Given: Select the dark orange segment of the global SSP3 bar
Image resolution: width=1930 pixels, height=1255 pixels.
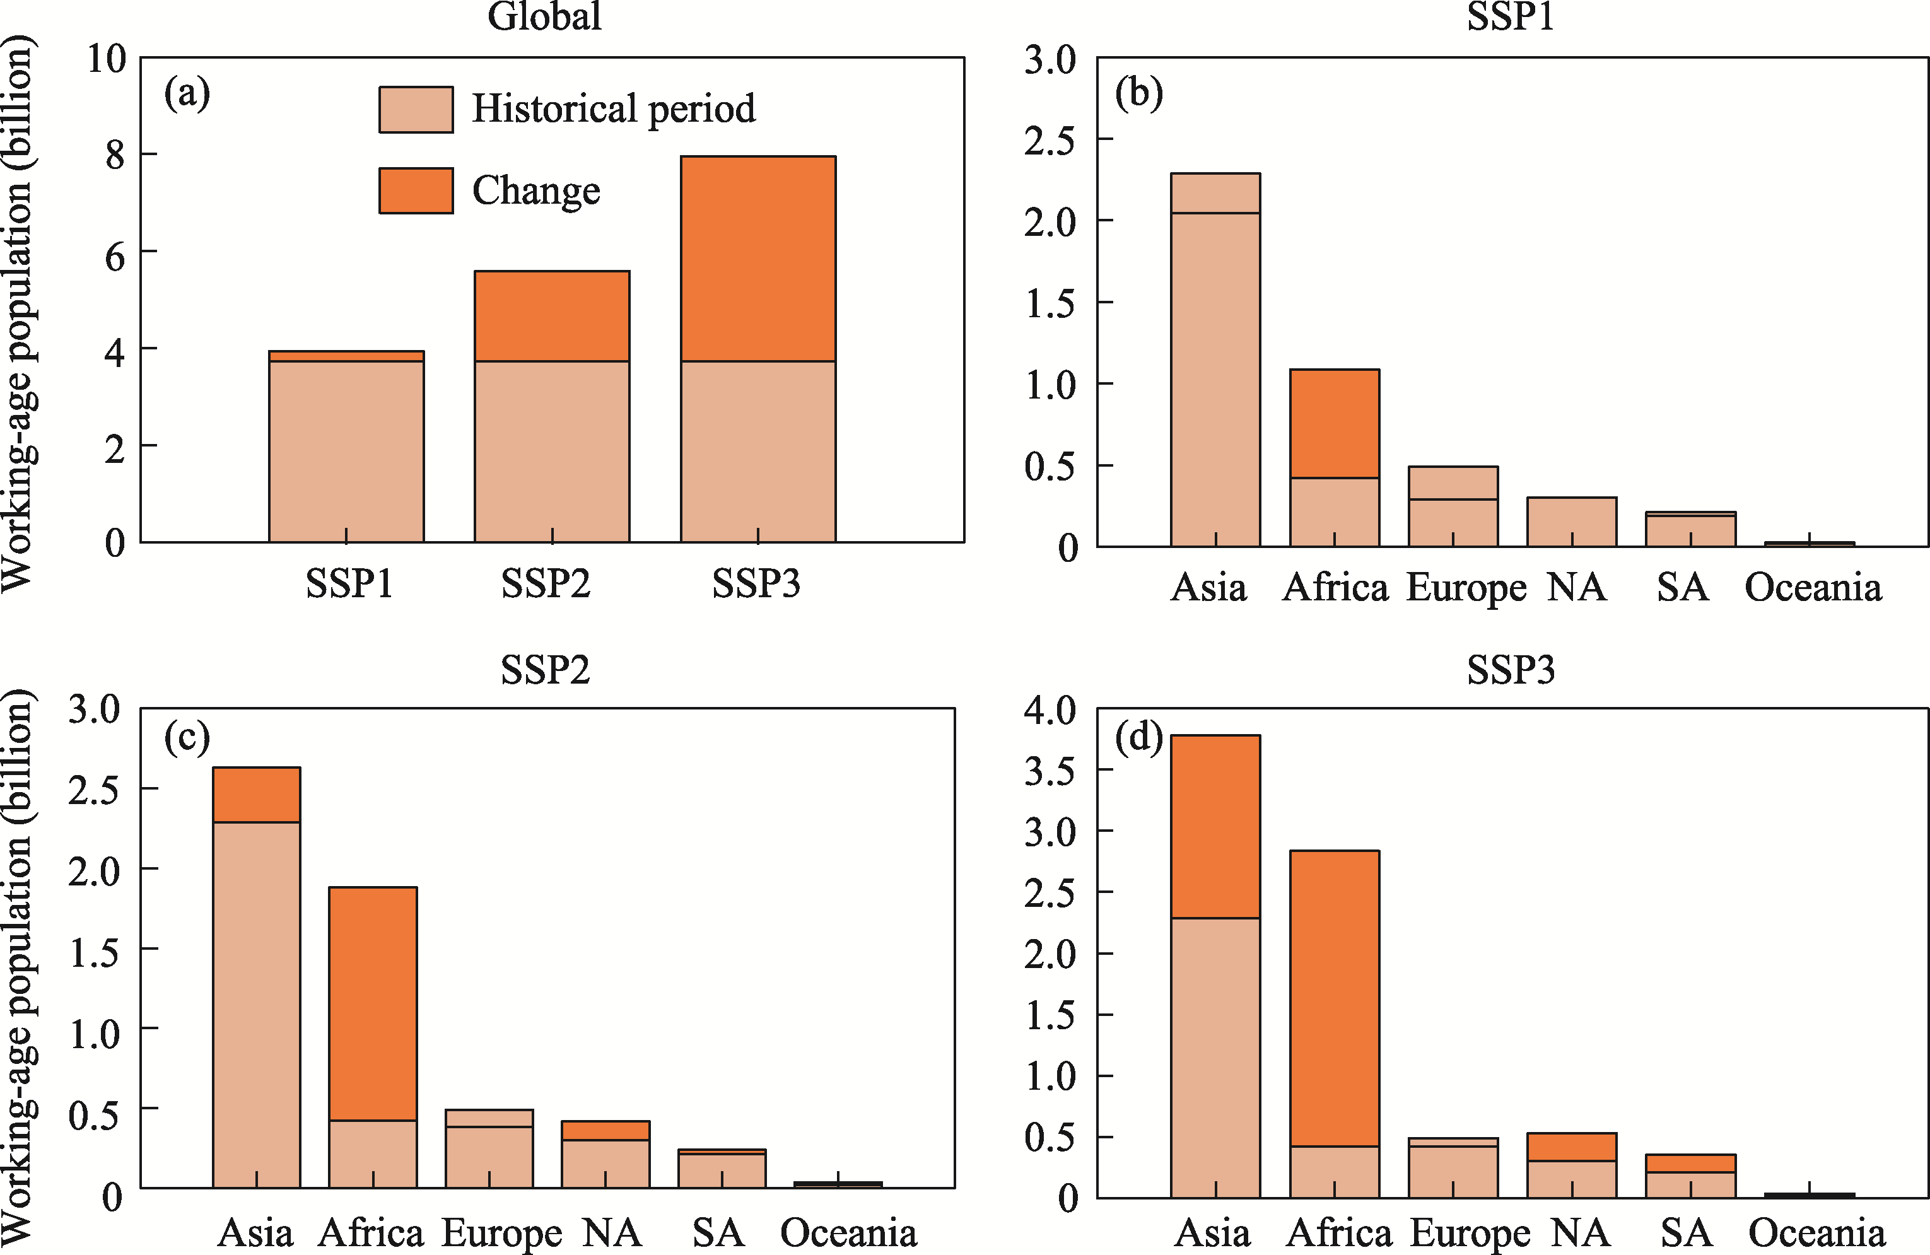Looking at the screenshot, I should coord(757,258).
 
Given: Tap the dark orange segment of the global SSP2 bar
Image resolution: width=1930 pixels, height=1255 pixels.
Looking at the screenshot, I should coord(551,316).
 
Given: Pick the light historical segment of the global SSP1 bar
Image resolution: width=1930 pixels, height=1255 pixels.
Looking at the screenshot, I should coord(346,450).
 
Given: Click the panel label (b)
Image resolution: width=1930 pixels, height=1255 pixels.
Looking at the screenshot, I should coord(1138,93).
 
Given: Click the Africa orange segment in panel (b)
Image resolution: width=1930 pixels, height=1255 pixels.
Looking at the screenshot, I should coord(1334,423).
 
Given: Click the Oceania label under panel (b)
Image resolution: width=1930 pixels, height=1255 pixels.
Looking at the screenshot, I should coord(1813,588).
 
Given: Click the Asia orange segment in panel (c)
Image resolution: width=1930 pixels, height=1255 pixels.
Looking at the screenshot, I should coord(256,795).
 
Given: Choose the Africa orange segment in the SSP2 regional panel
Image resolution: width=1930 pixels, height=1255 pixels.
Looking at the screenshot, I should coord(372,1003).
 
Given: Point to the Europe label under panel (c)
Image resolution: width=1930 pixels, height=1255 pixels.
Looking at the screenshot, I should coord(501,1233).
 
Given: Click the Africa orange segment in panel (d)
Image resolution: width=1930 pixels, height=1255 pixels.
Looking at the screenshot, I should coord(1334,998).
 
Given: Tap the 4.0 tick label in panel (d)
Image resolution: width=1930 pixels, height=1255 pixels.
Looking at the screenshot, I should coord(1050,710).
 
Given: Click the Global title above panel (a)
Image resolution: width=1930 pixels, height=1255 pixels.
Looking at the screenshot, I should coord(544,16).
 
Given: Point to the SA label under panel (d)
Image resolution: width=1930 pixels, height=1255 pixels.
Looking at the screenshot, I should coord(1686,1233).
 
